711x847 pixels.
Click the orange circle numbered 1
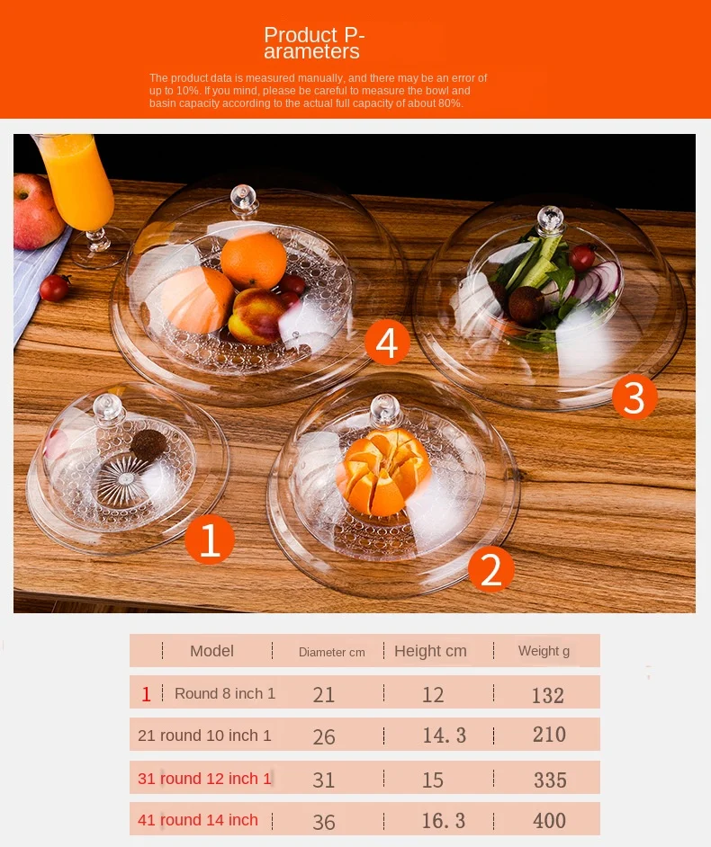210,539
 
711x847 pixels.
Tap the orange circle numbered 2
490,569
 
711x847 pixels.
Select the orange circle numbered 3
634,397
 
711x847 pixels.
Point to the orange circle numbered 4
387,343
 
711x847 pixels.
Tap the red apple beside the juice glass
36,212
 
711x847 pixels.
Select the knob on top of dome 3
550,219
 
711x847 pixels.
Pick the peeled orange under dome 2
382,471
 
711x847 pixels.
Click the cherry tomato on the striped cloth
55,288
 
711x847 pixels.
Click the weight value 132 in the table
548,695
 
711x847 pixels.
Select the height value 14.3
444,736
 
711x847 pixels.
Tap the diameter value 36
324,822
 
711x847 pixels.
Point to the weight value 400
549,821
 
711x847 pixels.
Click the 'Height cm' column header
430,651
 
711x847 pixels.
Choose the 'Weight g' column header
544,651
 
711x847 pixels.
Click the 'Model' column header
211,651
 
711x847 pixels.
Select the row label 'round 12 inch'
209,779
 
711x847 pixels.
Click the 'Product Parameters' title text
314,42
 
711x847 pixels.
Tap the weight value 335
550,780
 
